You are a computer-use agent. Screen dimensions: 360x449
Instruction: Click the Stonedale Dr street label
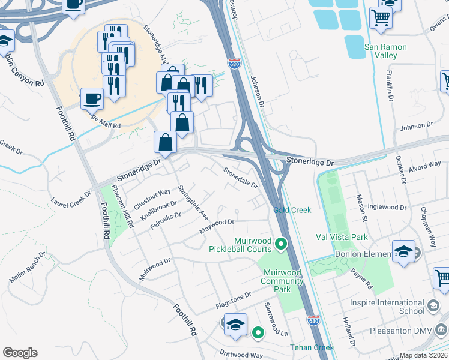coord(241,178)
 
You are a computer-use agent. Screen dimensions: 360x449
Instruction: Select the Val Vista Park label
coord(342,238)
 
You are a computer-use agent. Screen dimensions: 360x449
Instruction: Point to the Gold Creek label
coord(292,210)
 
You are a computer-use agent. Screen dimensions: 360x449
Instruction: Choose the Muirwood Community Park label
coord(286,281)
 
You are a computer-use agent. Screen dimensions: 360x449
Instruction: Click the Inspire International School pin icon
coord(433,307)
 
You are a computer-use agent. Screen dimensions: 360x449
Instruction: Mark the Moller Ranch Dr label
coord(27,268)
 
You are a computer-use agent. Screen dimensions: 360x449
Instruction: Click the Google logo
coord(20,353)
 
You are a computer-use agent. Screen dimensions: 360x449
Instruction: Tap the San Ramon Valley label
coord(385,51)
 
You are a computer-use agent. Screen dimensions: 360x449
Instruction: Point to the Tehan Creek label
coord(312,347)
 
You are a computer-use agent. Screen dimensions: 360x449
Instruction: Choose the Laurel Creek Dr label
coord(71,200)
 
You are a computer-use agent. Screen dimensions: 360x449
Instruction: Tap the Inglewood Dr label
coord(387,208)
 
